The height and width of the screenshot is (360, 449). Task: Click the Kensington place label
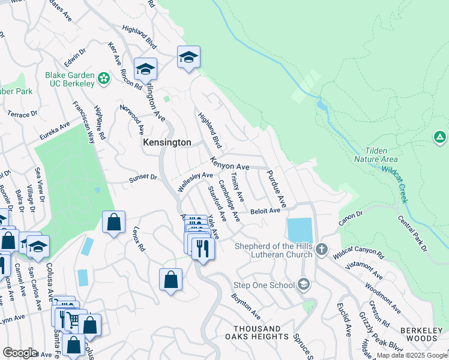167,143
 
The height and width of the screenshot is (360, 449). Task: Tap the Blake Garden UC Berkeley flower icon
104,79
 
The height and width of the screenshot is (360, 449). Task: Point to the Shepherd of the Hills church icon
322,249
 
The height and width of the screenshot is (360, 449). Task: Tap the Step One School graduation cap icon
304,284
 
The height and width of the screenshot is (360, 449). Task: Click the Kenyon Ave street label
229,163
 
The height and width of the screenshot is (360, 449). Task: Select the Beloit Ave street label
265,211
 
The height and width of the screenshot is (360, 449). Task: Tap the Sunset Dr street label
143,178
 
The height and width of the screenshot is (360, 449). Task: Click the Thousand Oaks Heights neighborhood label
256,333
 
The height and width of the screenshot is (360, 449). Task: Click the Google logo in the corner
19,353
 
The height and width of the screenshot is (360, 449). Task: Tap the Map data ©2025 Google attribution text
412,355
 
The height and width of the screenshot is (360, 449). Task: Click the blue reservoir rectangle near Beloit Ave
300,230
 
